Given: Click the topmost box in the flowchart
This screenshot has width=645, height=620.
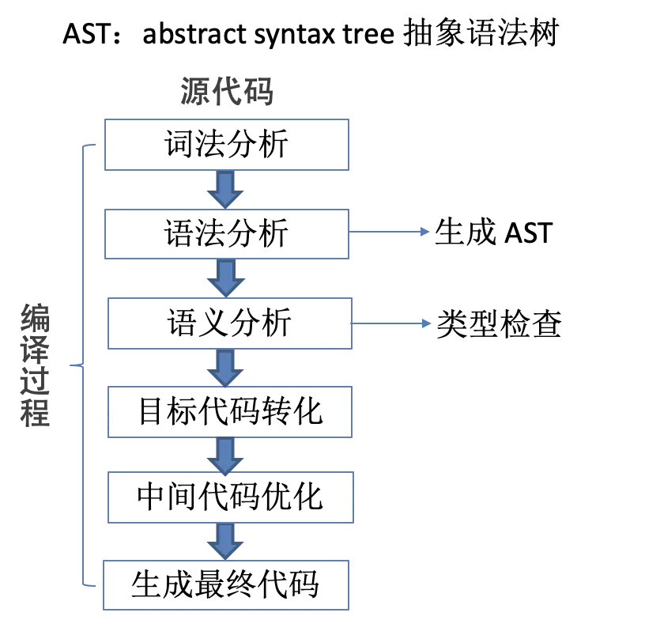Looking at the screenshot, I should (x=227, y=142).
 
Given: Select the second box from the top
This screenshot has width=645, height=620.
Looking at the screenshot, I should (x=227, y=233).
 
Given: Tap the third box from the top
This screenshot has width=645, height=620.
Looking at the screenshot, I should (x=230, y=325).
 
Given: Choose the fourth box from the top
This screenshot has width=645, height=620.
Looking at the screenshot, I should (x=230, y=414).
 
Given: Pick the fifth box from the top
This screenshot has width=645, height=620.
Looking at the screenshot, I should (x=230, y=497).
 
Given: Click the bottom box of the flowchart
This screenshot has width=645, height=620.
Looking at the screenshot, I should (x=227, y=585).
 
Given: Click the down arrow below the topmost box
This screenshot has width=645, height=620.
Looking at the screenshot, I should (x=226, y=188).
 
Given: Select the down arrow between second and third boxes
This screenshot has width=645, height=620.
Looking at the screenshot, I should (x=226, y=278).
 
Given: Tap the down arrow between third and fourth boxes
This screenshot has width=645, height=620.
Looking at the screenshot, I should (x=226, y=369).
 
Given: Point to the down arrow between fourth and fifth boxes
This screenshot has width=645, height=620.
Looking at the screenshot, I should (x=226, y=455).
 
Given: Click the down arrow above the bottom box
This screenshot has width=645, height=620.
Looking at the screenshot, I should (x=226, y=541).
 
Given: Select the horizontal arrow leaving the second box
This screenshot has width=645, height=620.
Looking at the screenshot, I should (x=390, y=232).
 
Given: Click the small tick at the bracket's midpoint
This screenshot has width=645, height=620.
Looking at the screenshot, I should (x=77, y=365).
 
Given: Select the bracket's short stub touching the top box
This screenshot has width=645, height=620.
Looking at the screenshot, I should (x=92, y=145).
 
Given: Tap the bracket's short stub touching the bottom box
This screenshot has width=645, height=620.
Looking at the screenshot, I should (x=92, y=586).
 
